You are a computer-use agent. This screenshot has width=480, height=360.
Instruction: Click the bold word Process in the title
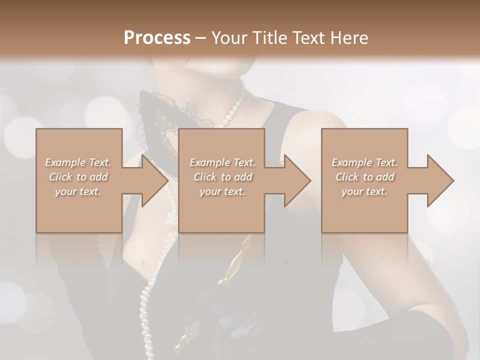157,38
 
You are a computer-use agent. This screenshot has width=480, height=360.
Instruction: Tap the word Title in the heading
267,38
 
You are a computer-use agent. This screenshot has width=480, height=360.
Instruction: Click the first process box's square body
78,210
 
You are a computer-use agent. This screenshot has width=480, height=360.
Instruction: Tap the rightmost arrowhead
439,180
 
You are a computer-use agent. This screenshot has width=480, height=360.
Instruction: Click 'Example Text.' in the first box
78,162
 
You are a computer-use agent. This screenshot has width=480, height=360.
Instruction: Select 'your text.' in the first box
78,191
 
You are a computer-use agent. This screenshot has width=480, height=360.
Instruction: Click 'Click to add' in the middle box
222,177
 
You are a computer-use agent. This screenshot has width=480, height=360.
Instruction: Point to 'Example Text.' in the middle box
222,162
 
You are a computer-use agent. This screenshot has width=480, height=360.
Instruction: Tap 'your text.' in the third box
364,191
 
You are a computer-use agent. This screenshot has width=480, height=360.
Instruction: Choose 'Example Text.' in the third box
364,162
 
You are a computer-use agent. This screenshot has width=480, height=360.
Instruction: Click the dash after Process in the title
201,38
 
